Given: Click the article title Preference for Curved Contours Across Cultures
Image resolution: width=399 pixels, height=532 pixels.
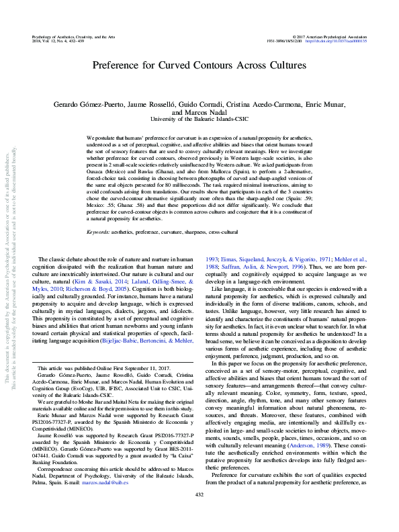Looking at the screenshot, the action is pos(199,66).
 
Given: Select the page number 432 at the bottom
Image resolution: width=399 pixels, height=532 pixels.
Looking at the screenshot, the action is pos(199,513).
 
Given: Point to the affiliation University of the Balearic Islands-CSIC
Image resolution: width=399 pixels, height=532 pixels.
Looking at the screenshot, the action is pos(199,119).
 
